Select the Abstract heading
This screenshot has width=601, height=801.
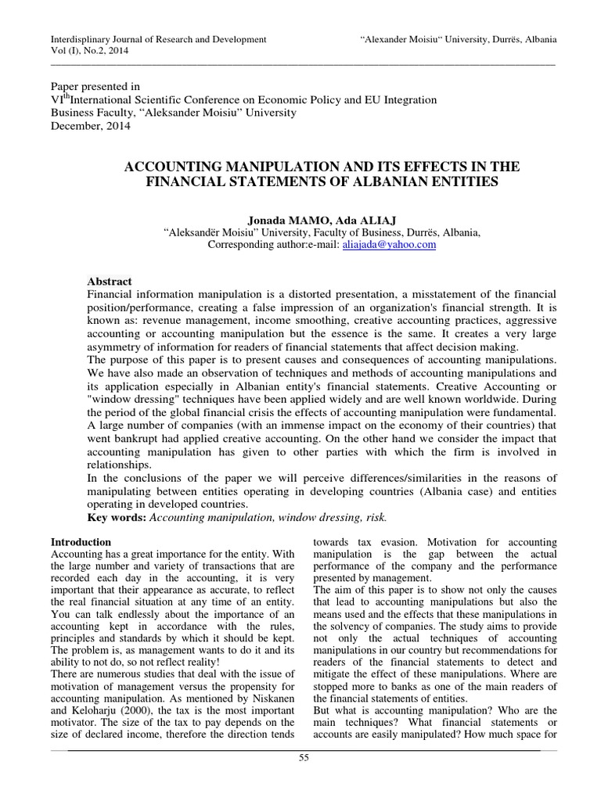pos(109,282)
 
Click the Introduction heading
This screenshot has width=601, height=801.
pos(81,541)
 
